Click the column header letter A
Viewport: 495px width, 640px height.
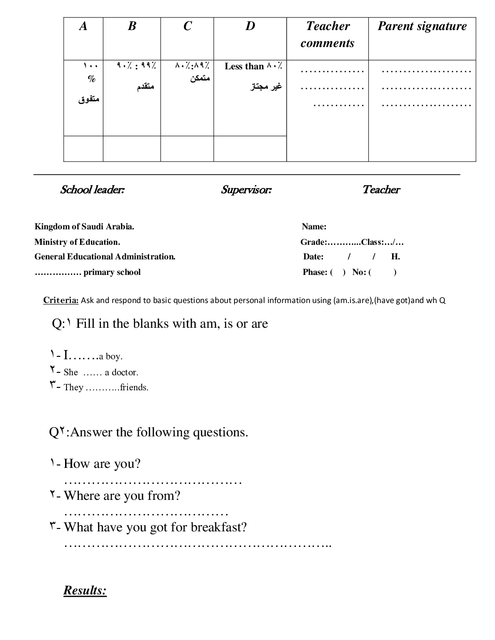[x=83, y=26]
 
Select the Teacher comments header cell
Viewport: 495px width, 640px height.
[x=328, y=34]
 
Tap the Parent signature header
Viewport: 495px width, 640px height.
[x=422, y=26]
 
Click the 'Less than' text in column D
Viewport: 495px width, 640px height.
[x=244, y=66]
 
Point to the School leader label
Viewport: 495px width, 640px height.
[x=92, y=190]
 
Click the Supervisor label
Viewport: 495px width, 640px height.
[x=246, y=190]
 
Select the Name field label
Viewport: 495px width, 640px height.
[x=314, y=226]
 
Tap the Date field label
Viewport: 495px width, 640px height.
[x=313, y=257]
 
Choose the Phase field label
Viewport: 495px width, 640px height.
[x=314, y=272]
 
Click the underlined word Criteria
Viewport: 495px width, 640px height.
[x=61, y=300]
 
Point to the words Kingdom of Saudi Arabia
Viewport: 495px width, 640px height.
[x=84, y=226]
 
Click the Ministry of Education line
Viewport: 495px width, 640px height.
[x=77, y=242]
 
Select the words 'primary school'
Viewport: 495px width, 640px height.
[x=112, y=272]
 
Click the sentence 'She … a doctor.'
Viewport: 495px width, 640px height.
[x=100, y=372]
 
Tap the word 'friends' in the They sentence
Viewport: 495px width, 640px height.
[x=134, y=387]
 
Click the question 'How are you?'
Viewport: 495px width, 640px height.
[x=102, y=464]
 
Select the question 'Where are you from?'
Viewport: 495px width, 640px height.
[x=122, y=496]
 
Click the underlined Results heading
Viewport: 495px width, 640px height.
[x=85, y=591]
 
